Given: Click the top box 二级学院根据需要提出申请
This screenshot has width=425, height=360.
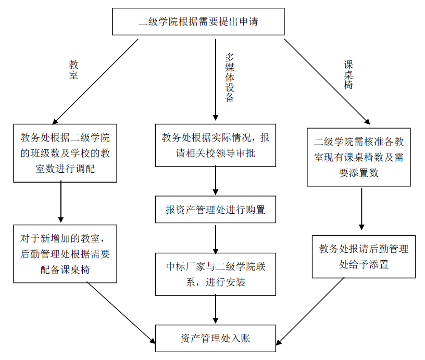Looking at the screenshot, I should [x=198, y=22].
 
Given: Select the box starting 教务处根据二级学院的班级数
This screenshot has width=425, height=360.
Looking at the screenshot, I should [x=65, y=152].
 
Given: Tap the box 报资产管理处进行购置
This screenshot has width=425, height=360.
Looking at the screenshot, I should [x=215, y=210].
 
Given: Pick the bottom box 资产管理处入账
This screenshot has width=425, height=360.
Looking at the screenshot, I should [x=215, y=338].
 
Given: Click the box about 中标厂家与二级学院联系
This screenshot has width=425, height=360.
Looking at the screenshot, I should [x=215, y=274].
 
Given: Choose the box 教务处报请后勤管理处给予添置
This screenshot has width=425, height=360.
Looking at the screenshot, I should [x=364, y=256].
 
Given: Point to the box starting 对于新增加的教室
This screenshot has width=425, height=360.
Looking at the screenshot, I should [x=65, y=254].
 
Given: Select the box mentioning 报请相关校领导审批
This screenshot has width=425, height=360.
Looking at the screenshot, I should [x=215, y=145].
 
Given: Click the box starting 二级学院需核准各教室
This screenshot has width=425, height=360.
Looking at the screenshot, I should [x=358, y=157].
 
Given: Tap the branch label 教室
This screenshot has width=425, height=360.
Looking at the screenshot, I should [x=73, y=70].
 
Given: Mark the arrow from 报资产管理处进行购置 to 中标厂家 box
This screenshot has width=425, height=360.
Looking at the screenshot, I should [x=215, y=237].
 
